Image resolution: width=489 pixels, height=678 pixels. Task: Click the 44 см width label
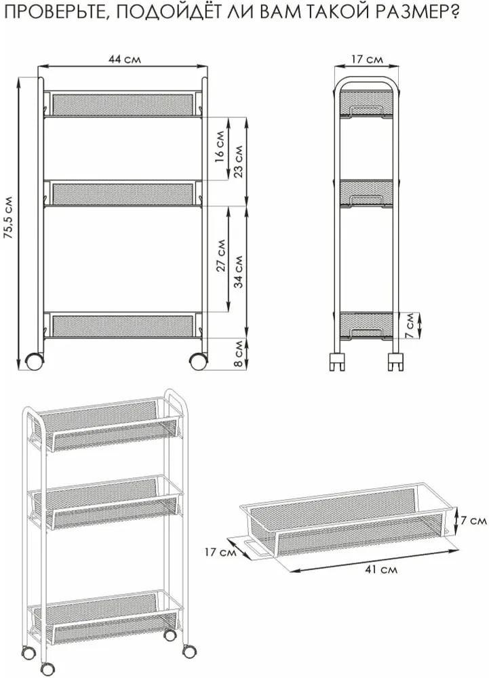pyautogui.click(x=124, y=59)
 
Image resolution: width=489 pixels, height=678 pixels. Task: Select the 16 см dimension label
pyautogui.click(x=220, y=146)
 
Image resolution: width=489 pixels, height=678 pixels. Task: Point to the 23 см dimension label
pyautogui.click(x=238, y=160)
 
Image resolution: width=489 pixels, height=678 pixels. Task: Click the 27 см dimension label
pyautogui.click(x=221, y=256)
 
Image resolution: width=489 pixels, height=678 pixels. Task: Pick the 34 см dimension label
pyautogui.click(x=239, y=272)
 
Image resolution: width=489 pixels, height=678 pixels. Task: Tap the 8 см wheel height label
pyautogui.click(x=238, y=354)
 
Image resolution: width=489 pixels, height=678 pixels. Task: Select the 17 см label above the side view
pyautogui.click(x=367, y=59)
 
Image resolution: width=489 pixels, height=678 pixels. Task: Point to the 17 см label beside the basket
pyautogui.click(x=220, y=552)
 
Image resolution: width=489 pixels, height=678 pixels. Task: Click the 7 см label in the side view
pyautogui.click(x=410, y=325)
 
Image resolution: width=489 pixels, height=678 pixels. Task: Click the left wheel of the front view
pyautogui.click(x=35, y=361)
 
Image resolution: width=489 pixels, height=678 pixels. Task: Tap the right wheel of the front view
pyautogui.click(x=198, y=361)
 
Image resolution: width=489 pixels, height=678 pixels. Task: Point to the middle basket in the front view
pyautogui.click(x=123, y=193)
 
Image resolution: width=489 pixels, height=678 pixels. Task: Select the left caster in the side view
pyautogui.click(x=337, y=362)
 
